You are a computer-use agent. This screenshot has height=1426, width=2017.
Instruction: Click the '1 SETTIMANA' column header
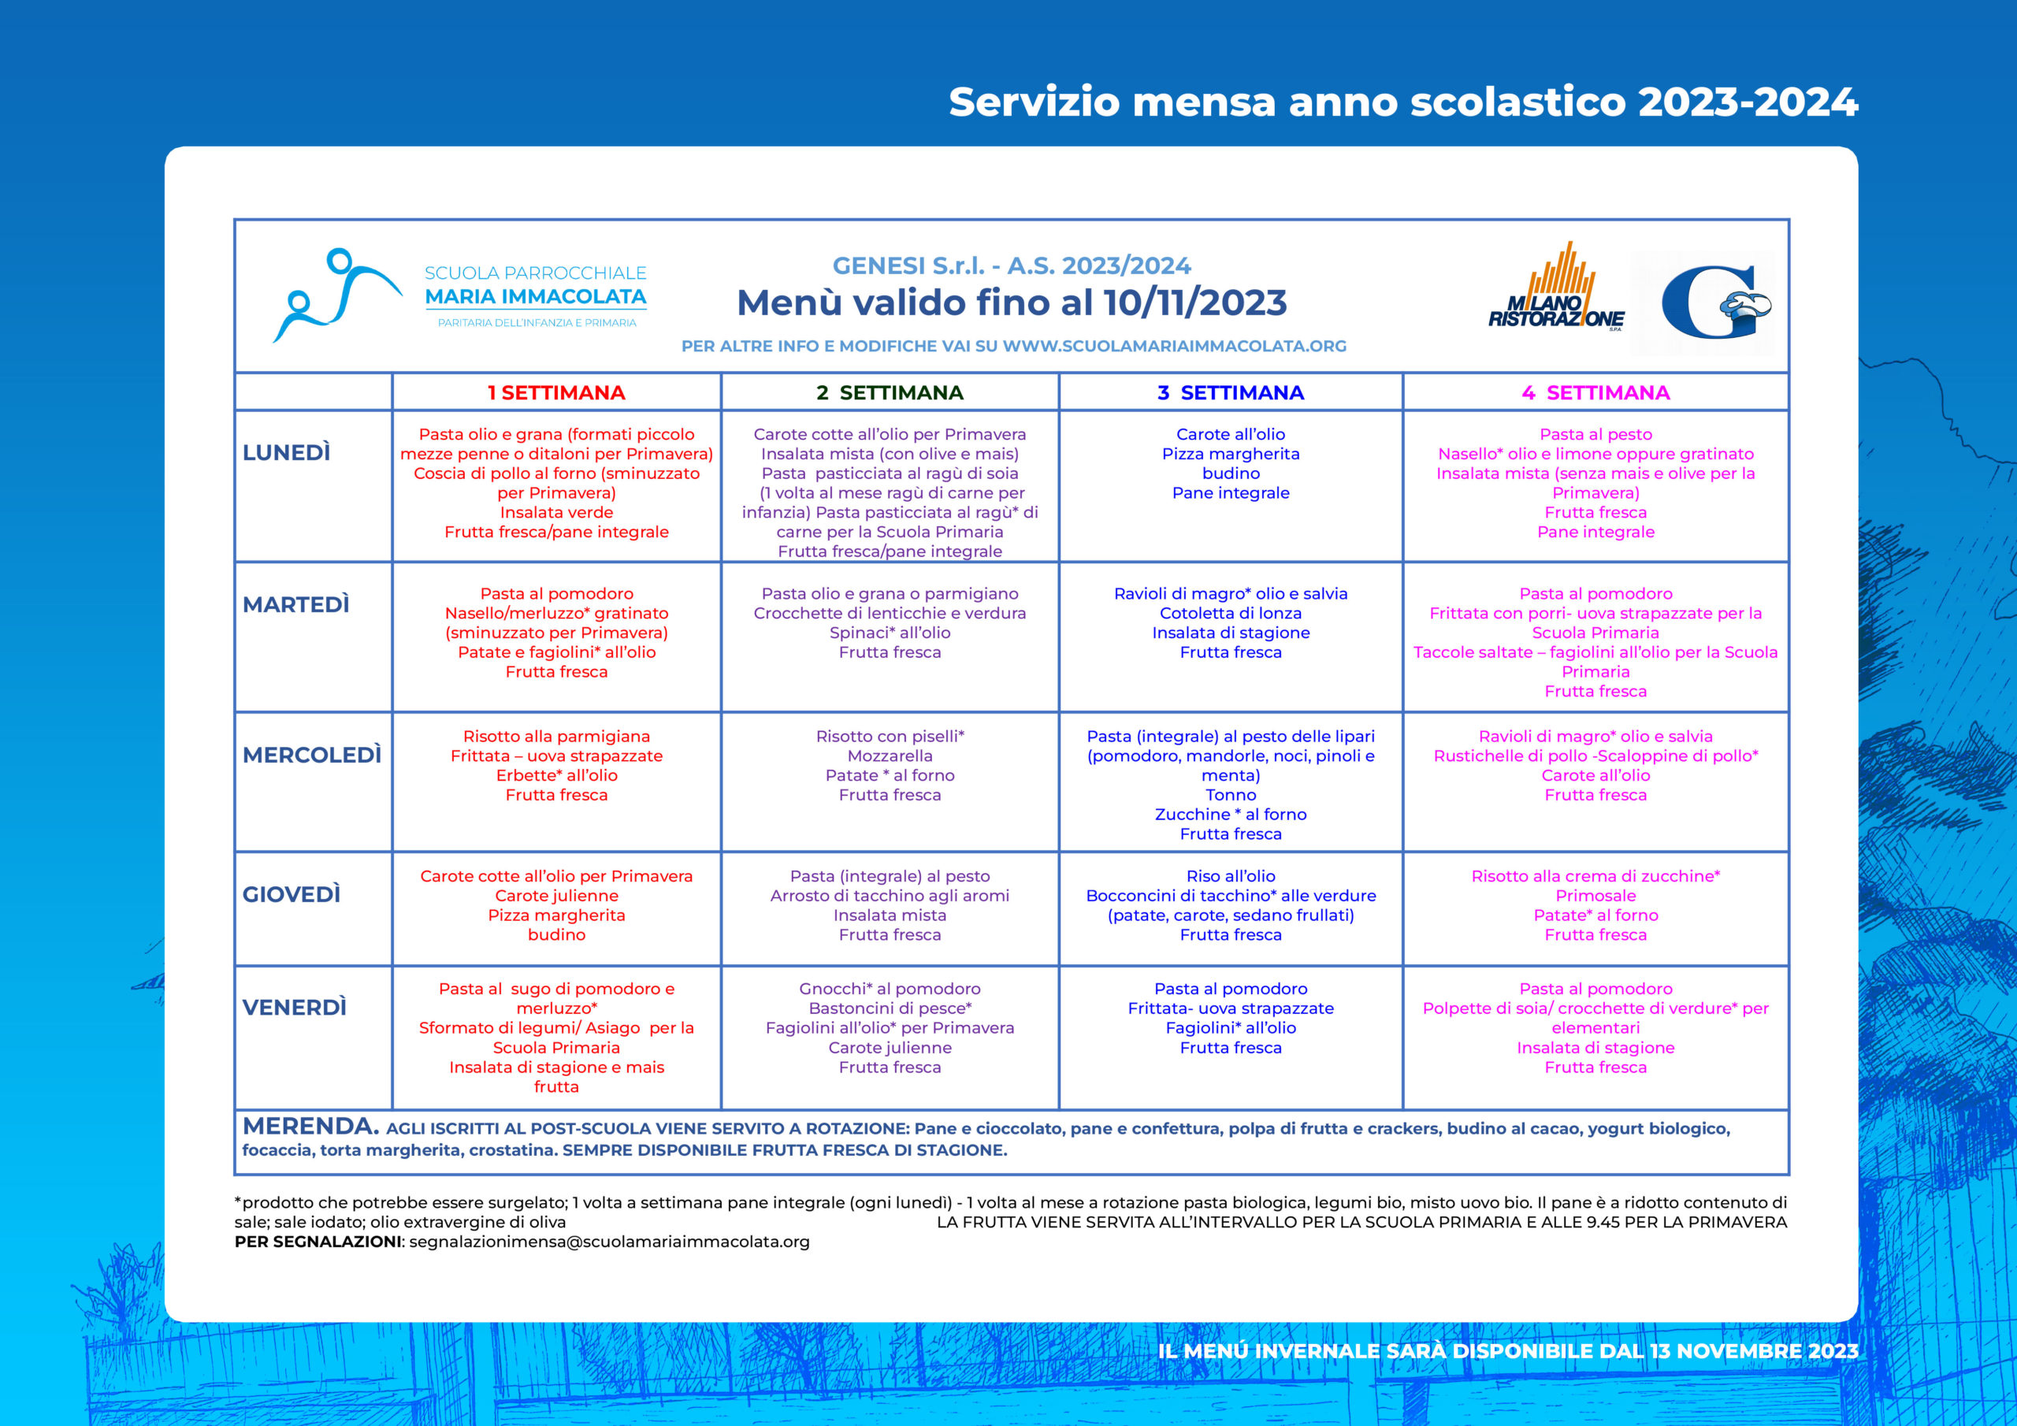click(556, 393)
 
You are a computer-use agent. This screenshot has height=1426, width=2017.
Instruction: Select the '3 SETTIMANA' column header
click(1230, 393)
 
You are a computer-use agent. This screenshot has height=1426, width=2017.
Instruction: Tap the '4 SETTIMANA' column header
click(1595, 393)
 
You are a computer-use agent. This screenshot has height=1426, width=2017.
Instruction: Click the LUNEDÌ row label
click(286, 452)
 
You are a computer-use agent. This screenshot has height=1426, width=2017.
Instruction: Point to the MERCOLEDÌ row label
click(312, 755)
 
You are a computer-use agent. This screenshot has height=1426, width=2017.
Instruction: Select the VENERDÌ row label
click(295, 1007)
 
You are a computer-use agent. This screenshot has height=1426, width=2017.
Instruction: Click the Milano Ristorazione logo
click(1555, 290)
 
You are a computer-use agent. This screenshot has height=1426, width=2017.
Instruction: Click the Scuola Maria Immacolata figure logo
click(334, 295)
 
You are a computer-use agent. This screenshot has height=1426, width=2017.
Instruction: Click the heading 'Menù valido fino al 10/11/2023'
click(1011, 303)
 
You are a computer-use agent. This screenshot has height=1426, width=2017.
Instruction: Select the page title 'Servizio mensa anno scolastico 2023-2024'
click(1403, 102)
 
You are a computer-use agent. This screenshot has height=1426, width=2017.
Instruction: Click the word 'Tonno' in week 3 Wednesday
click(1230, 795)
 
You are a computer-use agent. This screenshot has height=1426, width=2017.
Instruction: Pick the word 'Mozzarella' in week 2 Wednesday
click(890, 756)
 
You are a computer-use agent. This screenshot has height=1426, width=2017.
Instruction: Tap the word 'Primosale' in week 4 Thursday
click(1595, 895)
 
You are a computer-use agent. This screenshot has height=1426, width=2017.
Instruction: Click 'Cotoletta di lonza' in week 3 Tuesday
click(1230, 613)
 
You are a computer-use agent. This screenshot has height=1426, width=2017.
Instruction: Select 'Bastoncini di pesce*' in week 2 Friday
click(890, 1008)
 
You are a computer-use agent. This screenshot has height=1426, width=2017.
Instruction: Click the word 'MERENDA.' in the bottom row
click(310, 1127)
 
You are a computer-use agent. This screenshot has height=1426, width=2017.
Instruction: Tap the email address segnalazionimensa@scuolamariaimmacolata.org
click(609, 1242)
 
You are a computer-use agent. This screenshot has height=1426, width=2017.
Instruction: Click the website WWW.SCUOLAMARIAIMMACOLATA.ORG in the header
click(1175, 346)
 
